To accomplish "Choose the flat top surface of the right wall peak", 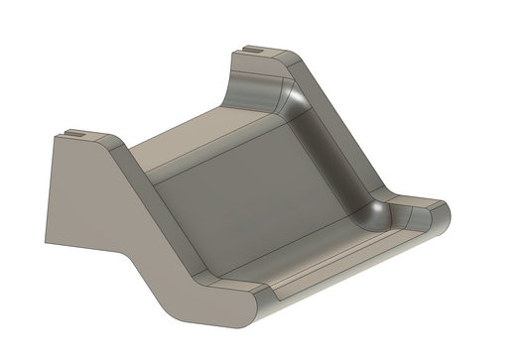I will pos(263,53).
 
